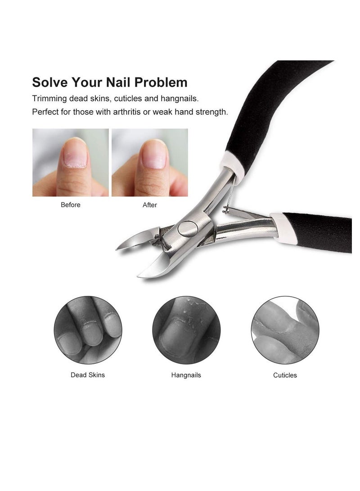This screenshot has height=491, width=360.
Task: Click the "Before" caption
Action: click(71, 205)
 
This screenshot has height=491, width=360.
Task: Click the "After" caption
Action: click(150, 205)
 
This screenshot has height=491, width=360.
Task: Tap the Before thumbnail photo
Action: click(71, 162)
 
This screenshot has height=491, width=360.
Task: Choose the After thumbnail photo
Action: click(150, 162)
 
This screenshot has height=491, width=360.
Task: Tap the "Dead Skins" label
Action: click(88, 375)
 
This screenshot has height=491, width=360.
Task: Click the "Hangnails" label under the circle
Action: click(186, 375)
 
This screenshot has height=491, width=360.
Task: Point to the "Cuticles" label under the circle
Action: click(285, 375)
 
